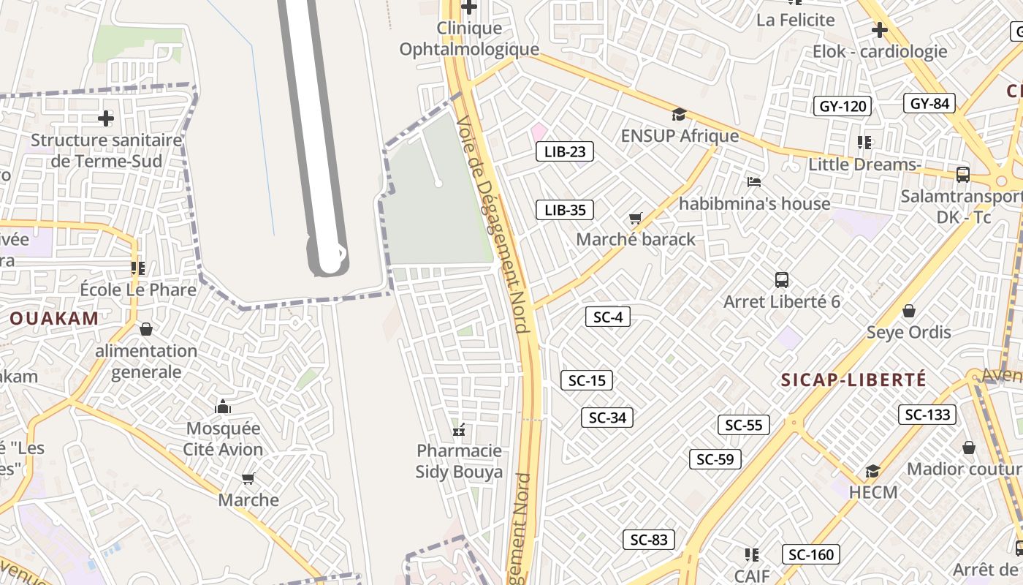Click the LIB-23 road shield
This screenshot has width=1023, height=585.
point(565,151)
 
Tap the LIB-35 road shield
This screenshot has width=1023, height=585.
point(565,210)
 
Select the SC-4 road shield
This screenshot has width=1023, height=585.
point(607,317)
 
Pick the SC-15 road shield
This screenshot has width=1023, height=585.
point(587,380)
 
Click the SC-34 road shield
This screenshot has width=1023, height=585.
point(607,418)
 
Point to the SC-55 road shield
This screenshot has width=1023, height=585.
point(744,425)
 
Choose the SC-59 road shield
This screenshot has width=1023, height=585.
point(715,459)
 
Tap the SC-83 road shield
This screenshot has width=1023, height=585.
point(649,540)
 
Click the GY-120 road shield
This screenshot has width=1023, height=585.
point(843,106)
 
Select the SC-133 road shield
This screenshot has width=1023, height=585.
point(927,415)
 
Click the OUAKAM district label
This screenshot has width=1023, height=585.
point(54,318)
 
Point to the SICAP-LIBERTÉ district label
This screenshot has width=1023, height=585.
point(853,380)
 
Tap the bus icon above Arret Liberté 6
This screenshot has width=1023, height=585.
point(782,279)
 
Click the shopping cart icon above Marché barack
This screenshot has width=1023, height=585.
point(635,218)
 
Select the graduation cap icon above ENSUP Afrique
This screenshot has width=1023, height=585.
point(679,114)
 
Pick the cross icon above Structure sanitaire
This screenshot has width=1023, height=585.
point(106,118)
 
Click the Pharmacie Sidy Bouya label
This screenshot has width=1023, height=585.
point(459,461)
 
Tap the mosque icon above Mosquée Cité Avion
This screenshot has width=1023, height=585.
point(223,407)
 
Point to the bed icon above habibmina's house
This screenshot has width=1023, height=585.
point(754,181)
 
